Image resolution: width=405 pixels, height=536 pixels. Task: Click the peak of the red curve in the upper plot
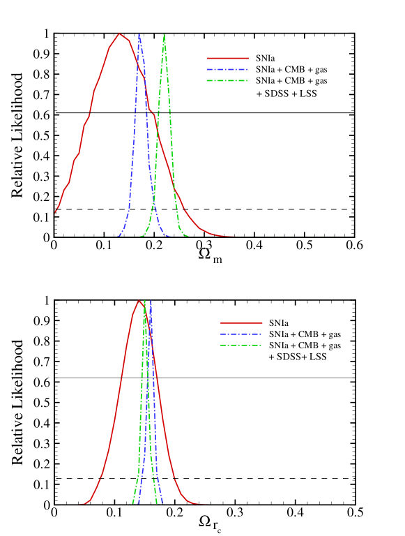[x=120, y=34]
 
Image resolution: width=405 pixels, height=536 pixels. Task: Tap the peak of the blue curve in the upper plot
[x=139, y=34]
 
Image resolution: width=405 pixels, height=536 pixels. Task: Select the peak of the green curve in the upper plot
[x=164, y=35]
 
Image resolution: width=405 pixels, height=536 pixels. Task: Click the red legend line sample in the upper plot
[x=227, y=59]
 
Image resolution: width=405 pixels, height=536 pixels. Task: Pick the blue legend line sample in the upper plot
[x=227, y=69]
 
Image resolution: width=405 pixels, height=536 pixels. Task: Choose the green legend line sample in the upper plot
[x=227, y=80]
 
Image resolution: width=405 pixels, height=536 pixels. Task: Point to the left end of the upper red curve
[x=56, y=211]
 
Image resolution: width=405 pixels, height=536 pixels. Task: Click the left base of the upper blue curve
[x=118, y=236]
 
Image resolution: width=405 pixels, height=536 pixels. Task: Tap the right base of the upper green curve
[x=188, y=236]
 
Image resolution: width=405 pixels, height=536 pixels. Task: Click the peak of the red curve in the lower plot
[x=139, y=301]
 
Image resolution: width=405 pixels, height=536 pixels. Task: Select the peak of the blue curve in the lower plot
[x=151, y=301]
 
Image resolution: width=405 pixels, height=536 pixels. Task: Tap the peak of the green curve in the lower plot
[x=144, y=301]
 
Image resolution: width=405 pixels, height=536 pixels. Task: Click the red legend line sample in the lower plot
[x=241, y=323]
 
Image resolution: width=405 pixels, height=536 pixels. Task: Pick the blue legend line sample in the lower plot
[x=241, y=334]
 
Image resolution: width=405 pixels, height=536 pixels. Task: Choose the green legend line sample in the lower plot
[x=241, y=345]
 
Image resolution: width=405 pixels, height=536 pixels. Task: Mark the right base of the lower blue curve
[x=162, y=502]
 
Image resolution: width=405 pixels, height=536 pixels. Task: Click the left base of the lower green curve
[x=132, y=502]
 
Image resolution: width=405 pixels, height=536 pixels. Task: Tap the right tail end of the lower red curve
[x=209, y=504]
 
